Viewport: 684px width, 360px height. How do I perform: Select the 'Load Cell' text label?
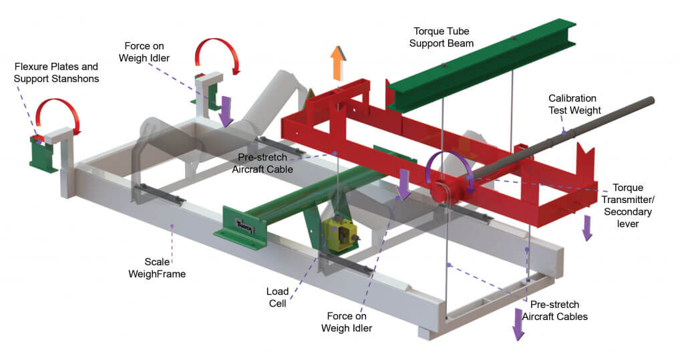[277, 297]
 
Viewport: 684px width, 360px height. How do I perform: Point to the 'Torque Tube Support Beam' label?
[443, 37]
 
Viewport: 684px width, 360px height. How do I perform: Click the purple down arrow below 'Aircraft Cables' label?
[519, 325]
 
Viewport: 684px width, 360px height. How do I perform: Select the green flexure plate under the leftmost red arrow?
[44, 153]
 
